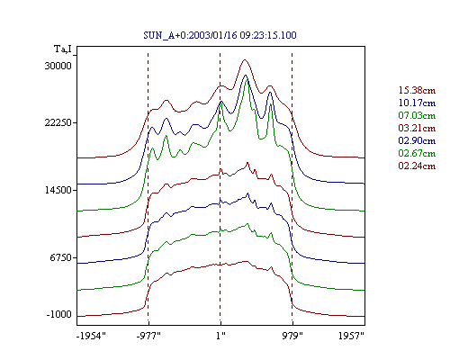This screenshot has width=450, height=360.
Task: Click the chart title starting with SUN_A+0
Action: [x=220, y=35]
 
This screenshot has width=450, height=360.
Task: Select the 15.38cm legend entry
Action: [x=417, y=90]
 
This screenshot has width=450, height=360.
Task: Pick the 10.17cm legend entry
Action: [x=417, y=103]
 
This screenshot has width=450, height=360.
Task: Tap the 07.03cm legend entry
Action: [x=417, y=115]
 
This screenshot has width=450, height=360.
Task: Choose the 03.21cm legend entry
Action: [x=417, y=128]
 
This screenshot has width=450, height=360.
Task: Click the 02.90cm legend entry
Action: [x=417, y=140]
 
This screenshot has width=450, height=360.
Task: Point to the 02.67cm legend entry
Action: [x=417, y=153]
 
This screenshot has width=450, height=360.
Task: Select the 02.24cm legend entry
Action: [x=417, y=166]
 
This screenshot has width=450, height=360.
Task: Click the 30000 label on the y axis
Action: [x=58, y=66]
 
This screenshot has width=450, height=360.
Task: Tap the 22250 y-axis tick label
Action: [x=58, y=122]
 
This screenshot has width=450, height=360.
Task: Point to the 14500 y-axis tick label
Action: [x=58, y=190]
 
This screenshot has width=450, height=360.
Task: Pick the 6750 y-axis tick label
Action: [x=61, y=257]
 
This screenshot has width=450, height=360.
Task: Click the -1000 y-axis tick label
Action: [x=59, y=314]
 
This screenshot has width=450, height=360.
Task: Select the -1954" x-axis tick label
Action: [x=91, y=336]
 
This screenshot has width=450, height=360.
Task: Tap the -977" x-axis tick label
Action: [x=148, y=336]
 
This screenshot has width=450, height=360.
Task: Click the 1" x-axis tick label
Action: [x=220, y=336]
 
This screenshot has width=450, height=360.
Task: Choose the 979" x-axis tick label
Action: [x=292, y=336]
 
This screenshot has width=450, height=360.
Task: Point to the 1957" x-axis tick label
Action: [x=351, y=336]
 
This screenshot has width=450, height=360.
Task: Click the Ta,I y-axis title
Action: [x=63, y=49]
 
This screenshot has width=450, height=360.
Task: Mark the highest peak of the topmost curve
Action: [x=245, y=59]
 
